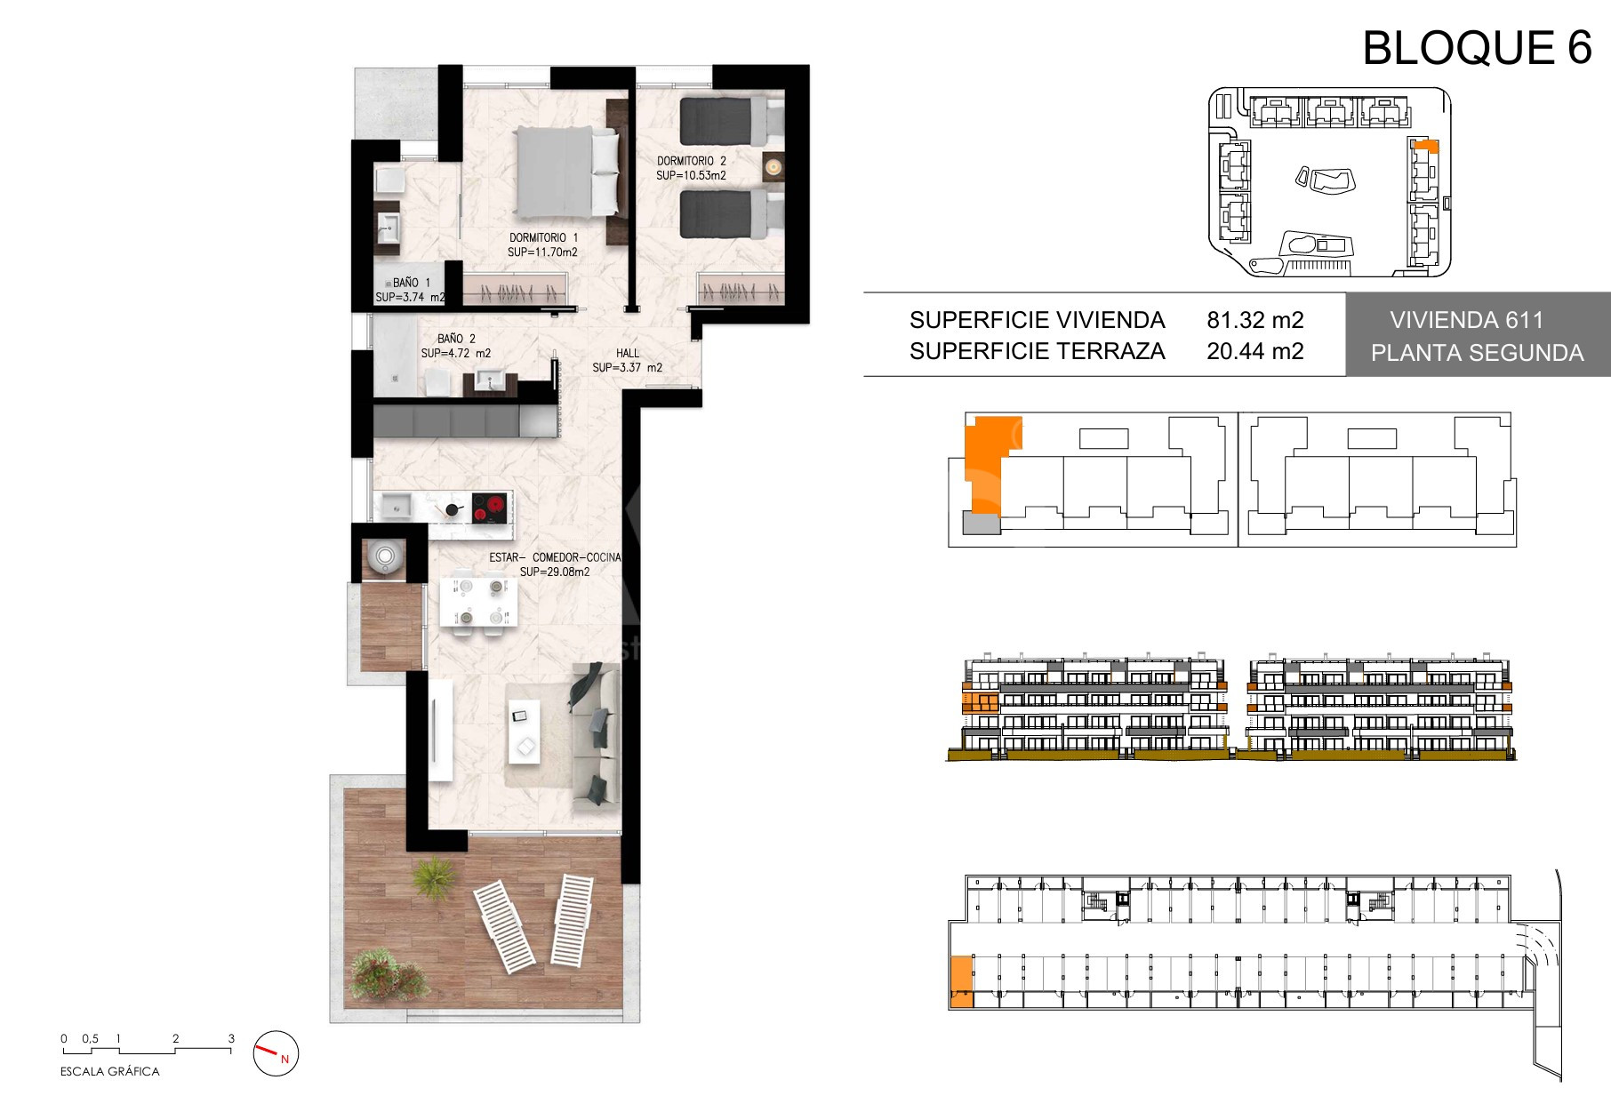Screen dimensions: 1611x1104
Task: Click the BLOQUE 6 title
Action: (1477, 48)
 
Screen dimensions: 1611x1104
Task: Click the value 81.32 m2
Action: (1254, 320)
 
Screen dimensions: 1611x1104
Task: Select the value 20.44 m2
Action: (1254, 351)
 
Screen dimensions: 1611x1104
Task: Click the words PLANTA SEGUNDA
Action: (1477, 353)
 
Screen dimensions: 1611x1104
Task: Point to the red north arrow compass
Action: (277, 1054)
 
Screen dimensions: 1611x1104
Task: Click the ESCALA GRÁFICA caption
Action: (110, 1072)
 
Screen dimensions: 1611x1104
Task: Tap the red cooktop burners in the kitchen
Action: (489, 508)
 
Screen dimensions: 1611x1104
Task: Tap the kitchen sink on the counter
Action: (394, 507)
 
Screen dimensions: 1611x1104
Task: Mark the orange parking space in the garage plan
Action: (961, 981)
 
